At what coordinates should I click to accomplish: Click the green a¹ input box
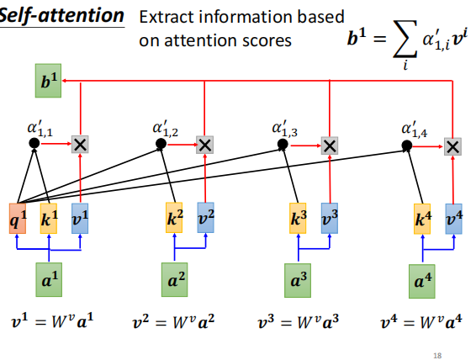pyautogui.click(x=50, y=279)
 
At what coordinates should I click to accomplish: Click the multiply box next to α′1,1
pyautogui.click(x=80, y=145)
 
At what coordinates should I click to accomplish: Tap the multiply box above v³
pyautogui.click(x=330, y=145)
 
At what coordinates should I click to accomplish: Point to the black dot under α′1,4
pyautogui.click(x=408, y=145)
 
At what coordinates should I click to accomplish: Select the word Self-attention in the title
pyautogui.click(x=61, y=16)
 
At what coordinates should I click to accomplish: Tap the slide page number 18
pyautogui.click(x=436, y=354)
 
